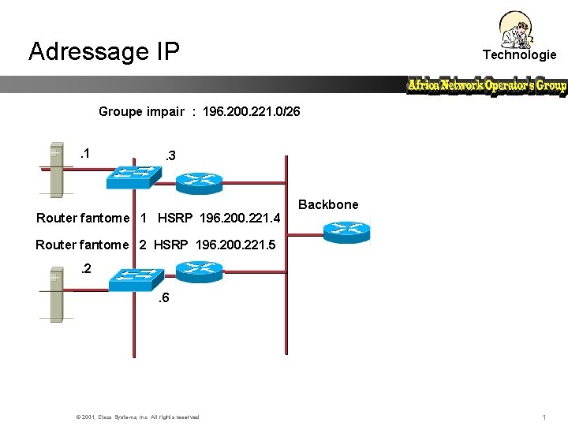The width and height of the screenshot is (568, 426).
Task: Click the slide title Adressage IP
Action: coord(104,51)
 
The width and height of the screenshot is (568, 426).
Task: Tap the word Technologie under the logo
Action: coord(519,54)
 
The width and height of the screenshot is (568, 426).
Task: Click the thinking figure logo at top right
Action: coord(518,30)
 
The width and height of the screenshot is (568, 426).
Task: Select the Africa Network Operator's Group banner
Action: coord(487,85)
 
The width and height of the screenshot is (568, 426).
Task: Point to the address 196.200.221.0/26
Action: coord(251,112)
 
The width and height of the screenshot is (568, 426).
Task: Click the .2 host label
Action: coord(86,269)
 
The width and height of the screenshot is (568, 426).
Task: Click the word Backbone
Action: coord(328,205)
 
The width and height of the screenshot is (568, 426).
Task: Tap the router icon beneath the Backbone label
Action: coord(345,230)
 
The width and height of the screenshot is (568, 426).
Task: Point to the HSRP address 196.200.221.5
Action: coord(237,245)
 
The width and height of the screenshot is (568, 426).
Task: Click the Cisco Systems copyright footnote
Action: coord(137,417)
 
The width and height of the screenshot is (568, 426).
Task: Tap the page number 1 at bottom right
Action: coord(544,417)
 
